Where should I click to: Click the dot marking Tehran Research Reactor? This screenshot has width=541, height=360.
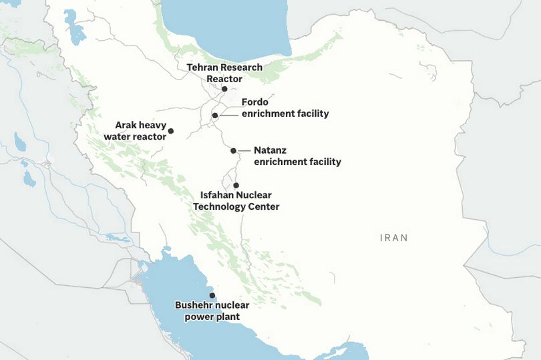(224, 89)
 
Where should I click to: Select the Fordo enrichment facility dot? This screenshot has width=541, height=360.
(215, 116)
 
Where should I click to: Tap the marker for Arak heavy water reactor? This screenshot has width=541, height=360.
(171, 131)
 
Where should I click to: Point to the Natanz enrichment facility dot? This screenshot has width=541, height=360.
(234, 150)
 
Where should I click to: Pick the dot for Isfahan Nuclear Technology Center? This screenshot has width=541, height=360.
(235, 185)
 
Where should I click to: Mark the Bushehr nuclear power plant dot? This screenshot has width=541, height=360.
(212, 295)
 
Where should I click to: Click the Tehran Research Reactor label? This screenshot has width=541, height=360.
(224, 73)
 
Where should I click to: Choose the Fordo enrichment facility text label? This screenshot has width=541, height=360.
(285, 108)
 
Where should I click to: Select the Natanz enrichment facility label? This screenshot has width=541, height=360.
(297, 156)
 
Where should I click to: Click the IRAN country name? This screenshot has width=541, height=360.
(393, 238)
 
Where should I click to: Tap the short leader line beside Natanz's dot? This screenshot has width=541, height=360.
(244, 150)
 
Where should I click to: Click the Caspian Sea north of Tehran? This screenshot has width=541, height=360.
(227, 23)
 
